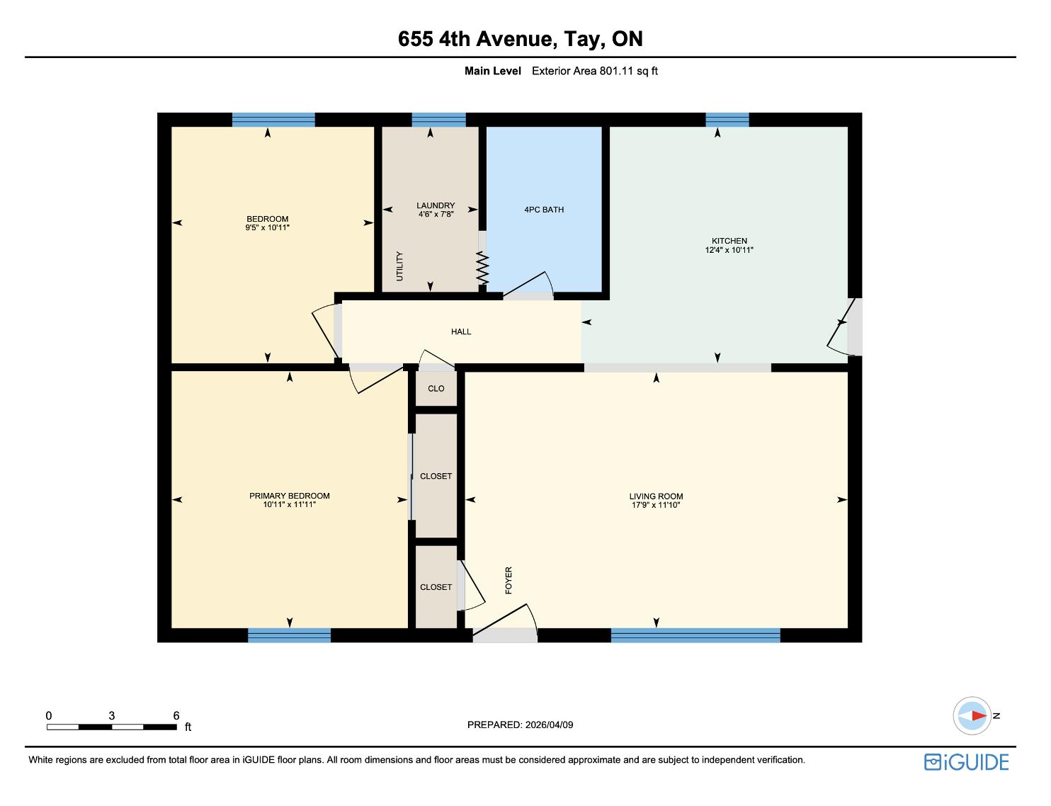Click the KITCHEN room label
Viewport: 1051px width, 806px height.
click(729, 241)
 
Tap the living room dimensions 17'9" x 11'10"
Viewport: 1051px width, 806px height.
click(656, 505)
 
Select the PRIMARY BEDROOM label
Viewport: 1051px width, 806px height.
click(289, 496)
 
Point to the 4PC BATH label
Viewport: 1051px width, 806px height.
click(544, 210)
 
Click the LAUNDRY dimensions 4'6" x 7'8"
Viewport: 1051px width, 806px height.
click(436, 214)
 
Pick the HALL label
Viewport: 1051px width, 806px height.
click(460, 331)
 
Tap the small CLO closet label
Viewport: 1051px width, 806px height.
click(436, 388)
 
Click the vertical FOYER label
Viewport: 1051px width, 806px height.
click(509, 580)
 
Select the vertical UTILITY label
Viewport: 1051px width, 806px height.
click(399, 266)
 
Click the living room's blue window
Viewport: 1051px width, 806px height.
click(695, 635)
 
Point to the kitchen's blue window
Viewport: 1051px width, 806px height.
click(727, 120)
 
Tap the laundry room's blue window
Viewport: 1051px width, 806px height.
click(438, 120)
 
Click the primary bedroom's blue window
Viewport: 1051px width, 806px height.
click(289, 635)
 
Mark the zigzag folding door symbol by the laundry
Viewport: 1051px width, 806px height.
click(482, 268)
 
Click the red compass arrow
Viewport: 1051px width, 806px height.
click(979, 715)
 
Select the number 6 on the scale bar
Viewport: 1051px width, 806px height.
click(176, 715)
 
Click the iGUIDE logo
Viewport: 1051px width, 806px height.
click(966, 763)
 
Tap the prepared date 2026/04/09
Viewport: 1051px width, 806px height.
click(549, 725)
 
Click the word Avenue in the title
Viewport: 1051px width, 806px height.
click(514, 39)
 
